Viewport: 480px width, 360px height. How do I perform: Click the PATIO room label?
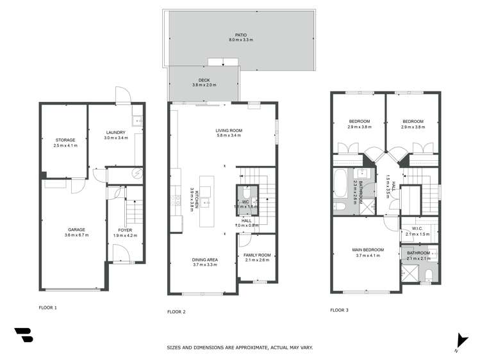[x=240, y=35]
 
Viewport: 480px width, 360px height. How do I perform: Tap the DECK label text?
[x=204, y=80]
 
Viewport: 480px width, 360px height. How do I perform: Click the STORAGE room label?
[x=65, y=140]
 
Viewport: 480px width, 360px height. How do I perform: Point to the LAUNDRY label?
[x=116, y=133]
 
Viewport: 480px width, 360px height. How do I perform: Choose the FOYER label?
[x=125, y=229]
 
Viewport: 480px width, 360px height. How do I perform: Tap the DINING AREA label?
[x=206, y=259]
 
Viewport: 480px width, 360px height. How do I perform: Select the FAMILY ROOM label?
[x=257, y=255]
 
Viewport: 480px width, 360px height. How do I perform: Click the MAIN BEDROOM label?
[x=367, y=250]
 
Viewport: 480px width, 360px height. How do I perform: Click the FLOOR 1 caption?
[x=47, y=307]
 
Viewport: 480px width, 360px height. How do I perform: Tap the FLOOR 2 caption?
[x=176, y=311]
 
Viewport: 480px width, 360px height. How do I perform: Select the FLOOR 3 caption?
[x=340, y=310]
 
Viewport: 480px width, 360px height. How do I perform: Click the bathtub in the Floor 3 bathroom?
[x=340, y=185]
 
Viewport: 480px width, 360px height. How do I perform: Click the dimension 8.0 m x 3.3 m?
[x=240, y=40]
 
